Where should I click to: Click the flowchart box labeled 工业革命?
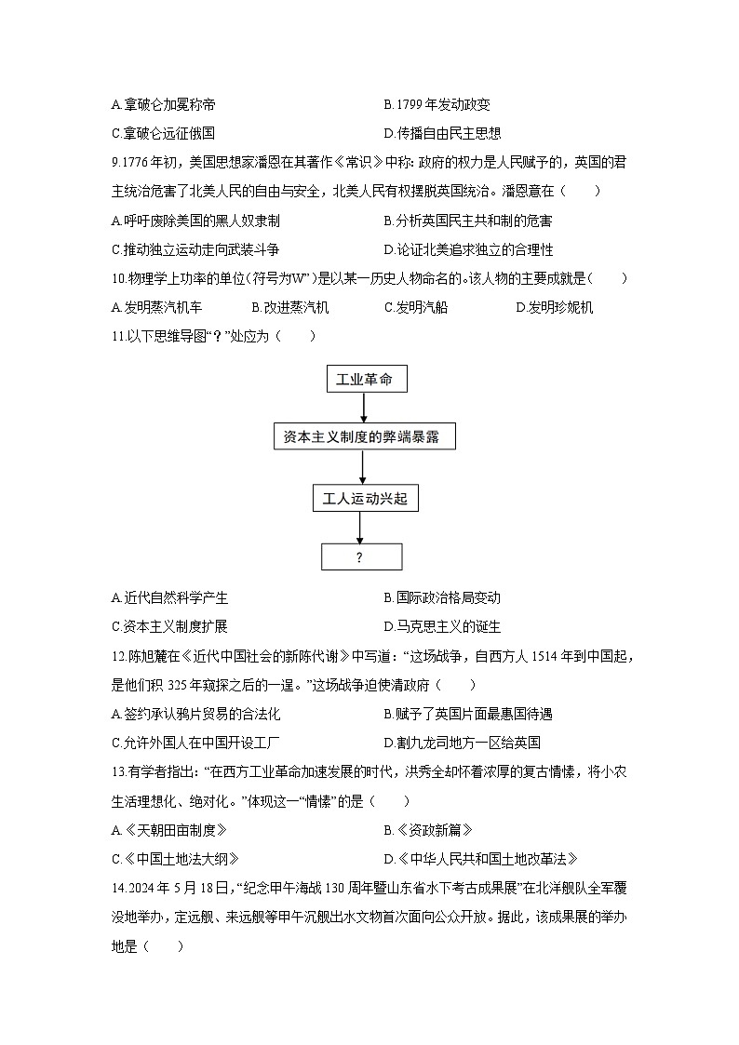point(364,379)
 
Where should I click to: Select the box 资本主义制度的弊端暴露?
point(364,436)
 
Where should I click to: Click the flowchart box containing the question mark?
point(361,557)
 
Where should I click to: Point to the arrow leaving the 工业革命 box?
point(364,409)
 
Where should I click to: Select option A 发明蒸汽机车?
point(156,307)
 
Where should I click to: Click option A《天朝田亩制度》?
point(168,830)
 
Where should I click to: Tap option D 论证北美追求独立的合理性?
point(468,249)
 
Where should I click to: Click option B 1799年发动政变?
point(437,105)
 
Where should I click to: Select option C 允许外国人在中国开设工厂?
point(195,743)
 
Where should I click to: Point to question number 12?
point(117,657)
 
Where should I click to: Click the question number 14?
point(117,889)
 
